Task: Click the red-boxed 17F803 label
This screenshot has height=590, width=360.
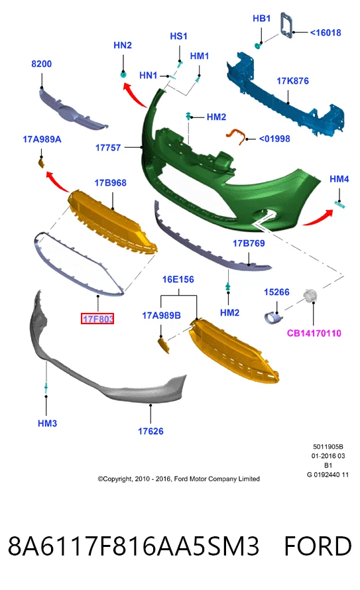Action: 97,319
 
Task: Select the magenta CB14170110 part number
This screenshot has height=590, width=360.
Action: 314,333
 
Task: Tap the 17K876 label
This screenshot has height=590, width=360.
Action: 292,81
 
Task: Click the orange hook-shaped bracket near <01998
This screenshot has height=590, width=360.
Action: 236,135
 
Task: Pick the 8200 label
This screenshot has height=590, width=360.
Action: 41,64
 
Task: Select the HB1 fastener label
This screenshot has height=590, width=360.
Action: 261,19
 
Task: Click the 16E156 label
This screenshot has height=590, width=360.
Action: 178,280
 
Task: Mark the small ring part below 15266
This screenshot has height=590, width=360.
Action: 273,319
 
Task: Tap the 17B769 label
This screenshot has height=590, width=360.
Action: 249,243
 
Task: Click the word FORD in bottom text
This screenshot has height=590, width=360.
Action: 318,546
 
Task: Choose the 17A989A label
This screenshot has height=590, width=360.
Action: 42,140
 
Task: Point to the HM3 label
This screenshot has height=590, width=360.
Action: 47,424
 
